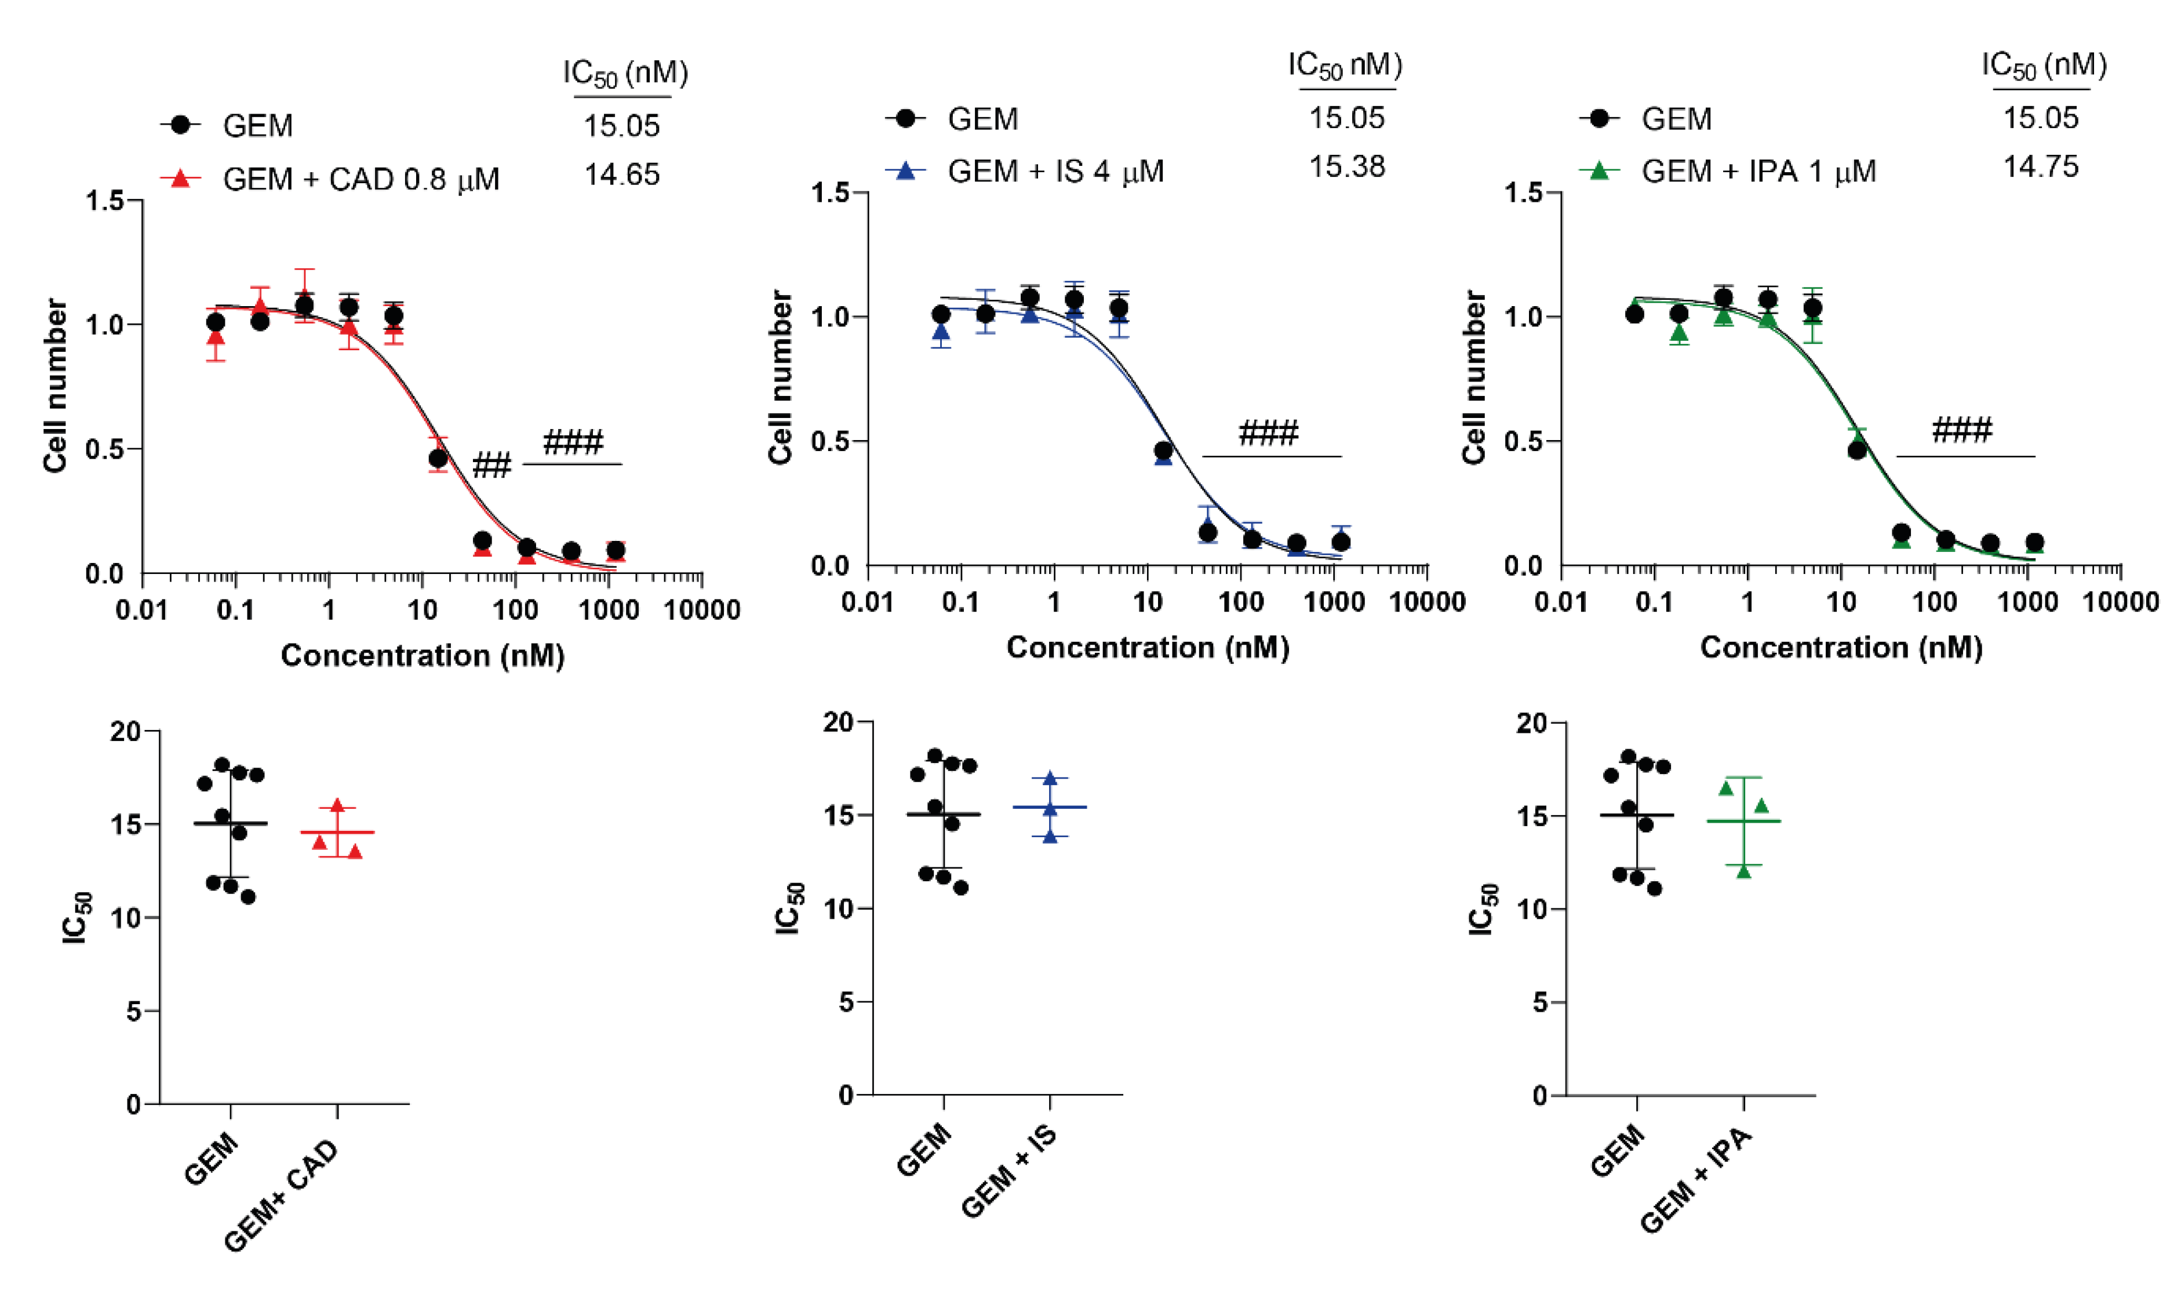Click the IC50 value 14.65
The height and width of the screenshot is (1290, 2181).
[621, 175]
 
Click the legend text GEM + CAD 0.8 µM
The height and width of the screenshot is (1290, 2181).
[361, 179]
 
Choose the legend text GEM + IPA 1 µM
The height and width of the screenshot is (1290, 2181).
[1758, 171]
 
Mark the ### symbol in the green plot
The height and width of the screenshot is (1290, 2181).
[1961, 430]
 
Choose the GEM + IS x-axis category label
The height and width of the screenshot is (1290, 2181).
[1010, 1171]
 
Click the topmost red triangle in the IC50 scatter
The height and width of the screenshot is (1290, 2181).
[337, 806]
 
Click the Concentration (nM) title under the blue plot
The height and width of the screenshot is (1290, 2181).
[1147, 648]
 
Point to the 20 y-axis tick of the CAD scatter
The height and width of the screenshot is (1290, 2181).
[125, 731]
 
